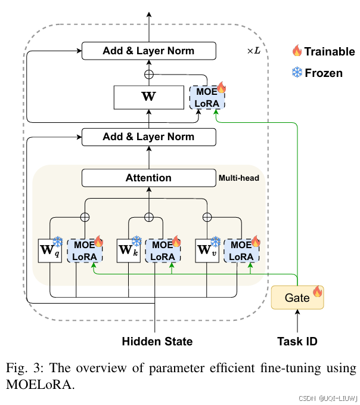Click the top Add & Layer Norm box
coord(149,51)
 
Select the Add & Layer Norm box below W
coord(149,137)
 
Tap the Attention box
coord(149,178)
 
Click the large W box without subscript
coord(149,97)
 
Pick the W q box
coord(50,251)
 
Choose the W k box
coord(129,251)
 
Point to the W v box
coord(207,251)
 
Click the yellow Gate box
coord(297,298)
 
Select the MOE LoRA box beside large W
coord(207,97)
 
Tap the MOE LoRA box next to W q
coord(85,251)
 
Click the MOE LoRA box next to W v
coord(241,251)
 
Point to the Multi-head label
coord(239,178)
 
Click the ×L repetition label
coord(254,51)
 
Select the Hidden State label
coord(157,341)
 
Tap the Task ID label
coord(297,341)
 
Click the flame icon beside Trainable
coord(297,50)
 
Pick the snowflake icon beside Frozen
coord(297,72)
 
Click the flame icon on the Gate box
coord(318,291)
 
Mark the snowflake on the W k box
coord(136,242)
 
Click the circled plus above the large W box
coord(149,75)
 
